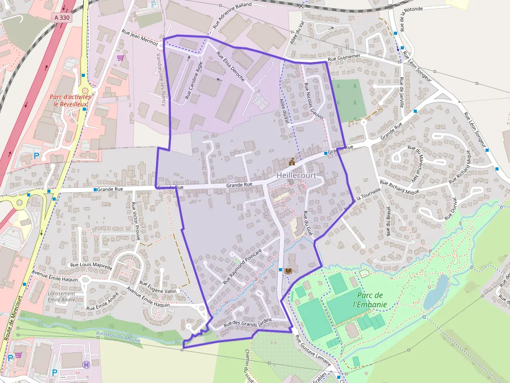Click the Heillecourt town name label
click(296, 176)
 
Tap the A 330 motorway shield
click(61, 17)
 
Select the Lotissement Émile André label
click(61, 297)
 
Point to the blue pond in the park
click(436, 293)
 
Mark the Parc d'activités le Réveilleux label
click(71, 100)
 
